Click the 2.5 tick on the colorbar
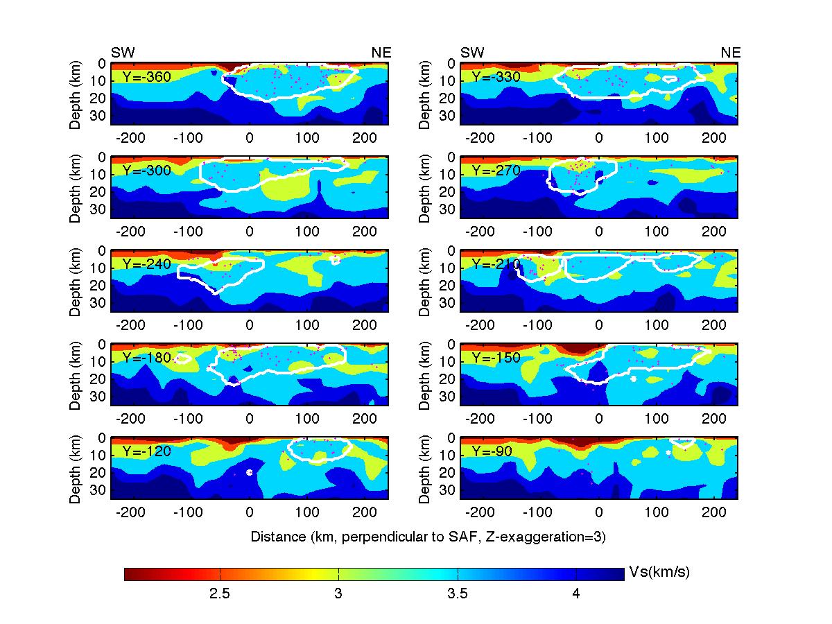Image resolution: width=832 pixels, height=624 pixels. pos(220,594)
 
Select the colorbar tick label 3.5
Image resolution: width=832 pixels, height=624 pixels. pos(458,594)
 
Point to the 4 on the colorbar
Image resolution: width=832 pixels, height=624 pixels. pos(576,594)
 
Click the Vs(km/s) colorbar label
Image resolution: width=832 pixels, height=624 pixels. pos(659,573)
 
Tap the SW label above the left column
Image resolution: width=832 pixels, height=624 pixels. pos(123,53)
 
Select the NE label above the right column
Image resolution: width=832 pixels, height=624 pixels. pos(731,53)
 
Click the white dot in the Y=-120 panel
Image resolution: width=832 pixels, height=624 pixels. pos(250,472)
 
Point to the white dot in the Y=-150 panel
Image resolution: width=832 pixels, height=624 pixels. pos(633,379)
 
